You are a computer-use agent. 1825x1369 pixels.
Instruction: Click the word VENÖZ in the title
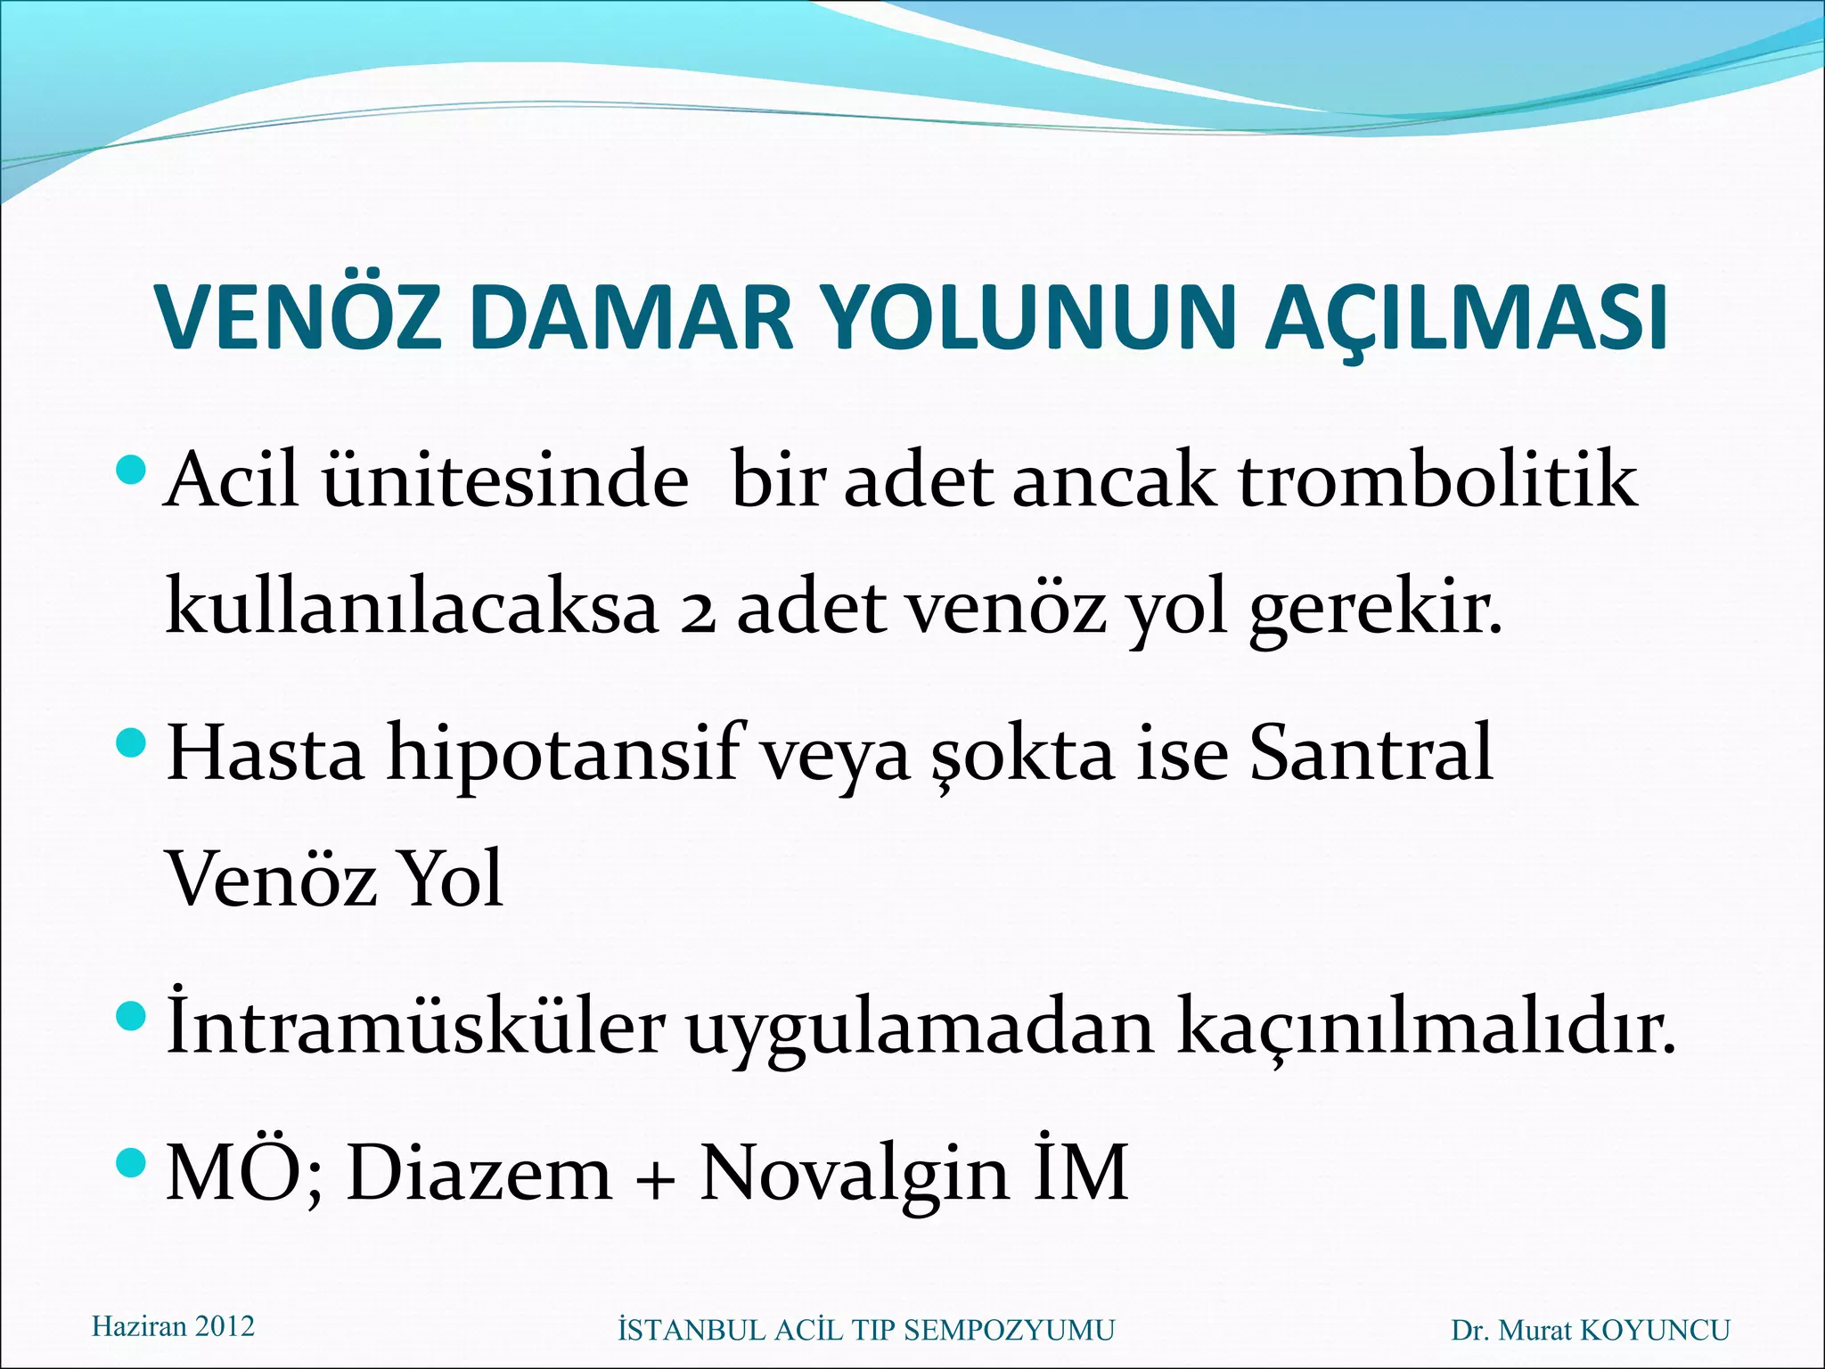pos(299,318)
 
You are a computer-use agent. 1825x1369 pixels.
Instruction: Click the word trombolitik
pos(1437,481)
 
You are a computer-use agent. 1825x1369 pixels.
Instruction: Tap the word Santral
pos(1371,754)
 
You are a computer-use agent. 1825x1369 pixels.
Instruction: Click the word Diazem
pos(479,1173)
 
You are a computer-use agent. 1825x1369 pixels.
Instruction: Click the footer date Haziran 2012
pos(173,1326)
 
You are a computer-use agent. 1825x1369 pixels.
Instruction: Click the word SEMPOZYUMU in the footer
pos(1009,1330)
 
